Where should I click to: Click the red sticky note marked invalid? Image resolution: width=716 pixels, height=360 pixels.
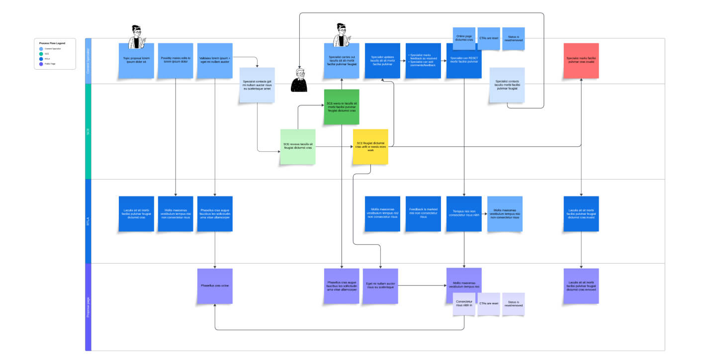click(581, 61)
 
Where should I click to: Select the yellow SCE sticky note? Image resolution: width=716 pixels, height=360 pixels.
click(370, 147)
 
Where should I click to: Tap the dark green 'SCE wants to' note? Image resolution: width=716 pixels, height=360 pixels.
click(342, 107)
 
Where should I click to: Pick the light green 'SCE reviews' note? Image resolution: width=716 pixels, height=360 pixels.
click(298, 147)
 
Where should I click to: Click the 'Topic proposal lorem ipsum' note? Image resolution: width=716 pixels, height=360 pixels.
click(136, 61)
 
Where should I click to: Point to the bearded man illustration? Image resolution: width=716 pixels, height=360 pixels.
click(299, 80)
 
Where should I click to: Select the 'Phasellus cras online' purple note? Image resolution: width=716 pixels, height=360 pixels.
click(215, 286)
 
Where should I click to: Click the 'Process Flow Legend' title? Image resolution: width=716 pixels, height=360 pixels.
click(52, 43)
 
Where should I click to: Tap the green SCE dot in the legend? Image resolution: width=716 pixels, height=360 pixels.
click(41, 54)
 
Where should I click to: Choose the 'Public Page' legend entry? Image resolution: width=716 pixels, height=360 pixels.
click(50, 64)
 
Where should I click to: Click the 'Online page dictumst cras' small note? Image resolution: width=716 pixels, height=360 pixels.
click(464, 39)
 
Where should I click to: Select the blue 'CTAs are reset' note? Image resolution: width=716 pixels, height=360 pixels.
click(489, 39)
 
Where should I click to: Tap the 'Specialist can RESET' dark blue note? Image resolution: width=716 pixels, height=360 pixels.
click(464, 61)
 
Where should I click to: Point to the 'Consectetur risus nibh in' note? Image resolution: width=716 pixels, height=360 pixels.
click(464, 304)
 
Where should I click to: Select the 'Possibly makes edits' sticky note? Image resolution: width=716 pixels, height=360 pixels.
click(176, 61)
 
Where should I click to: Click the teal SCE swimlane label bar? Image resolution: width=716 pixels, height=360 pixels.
click(89, 131)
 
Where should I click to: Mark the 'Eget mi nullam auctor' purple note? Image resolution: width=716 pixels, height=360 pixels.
click(380, 286)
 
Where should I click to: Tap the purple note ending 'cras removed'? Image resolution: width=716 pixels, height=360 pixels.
click(581, 286)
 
